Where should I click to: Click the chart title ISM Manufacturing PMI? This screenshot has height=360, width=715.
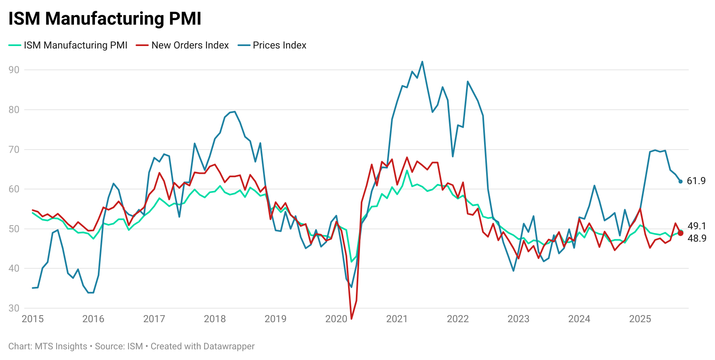[x=105, y=19]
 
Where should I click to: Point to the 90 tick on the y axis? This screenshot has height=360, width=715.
[x=14, y=70]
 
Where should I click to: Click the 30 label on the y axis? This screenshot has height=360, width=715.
[x=14, y=308]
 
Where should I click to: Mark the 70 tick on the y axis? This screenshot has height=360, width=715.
[x=14, y=150]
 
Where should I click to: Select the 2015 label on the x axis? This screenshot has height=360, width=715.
[x=32, y=319]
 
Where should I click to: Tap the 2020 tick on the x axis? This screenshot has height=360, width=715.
[x=336, y=319]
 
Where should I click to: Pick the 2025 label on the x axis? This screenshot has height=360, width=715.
[x=640, y=319]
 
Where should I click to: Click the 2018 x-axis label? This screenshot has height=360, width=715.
[x=214, y=319]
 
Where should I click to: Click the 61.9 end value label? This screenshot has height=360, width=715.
[x=696, y=181]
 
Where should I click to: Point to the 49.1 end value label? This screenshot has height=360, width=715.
[x=697, y=226]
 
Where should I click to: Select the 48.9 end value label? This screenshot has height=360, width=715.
[x=697, y=238]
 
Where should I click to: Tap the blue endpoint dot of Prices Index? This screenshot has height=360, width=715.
[x=680, y=181]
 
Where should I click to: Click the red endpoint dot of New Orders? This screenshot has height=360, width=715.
[x=680, y=233]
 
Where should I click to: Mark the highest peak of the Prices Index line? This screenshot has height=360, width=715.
[x=422, y=62]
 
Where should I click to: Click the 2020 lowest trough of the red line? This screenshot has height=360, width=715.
[x=351, y=318]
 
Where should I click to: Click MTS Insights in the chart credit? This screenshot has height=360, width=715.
[x=61, y=346]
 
